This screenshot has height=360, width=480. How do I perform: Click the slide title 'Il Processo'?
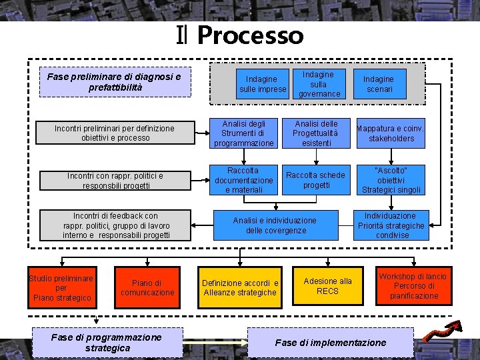(x=240, y=35)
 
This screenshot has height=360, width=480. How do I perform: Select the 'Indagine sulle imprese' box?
(x=263, y=85)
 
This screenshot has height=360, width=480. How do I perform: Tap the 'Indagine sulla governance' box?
(x=319, y=84)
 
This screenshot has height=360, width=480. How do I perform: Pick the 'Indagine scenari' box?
(x=378, y=84)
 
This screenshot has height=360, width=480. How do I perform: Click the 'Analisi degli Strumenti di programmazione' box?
(x=243, y=133)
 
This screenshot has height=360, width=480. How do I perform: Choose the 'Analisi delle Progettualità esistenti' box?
(x=316, y=133)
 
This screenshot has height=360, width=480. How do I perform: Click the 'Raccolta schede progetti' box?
(x=316, y=180)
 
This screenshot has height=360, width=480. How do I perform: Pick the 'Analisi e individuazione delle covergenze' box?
(x=275, y=225)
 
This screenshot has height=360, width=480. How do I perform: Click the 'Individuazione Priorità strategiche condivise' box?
(x=391, y=225)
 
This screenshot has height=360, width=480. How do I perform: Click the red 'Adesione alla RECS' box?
(x=327, y=286)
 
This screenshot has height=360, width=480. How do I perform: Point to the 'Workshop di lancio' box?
(x=413, y=286)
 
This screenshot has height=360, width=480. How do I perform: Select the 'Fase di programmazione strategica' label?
(x=107, y=343)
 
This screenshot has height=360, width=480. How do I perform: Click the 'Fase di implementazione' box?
(x=331, y=343)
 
